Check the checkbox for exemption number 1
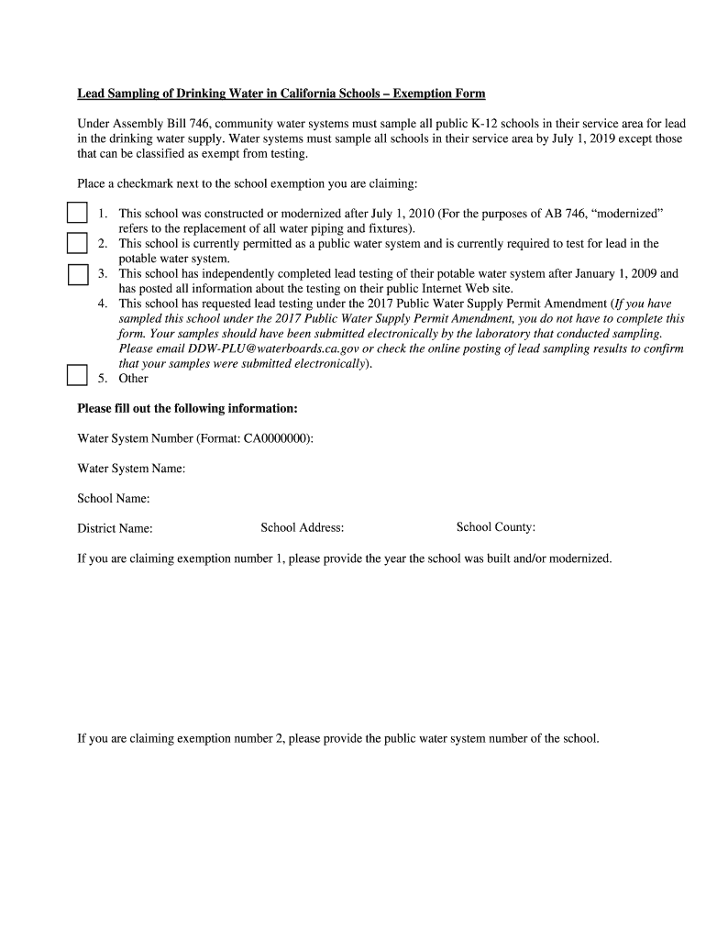point(77,214)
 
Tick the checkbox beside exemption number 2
point(77,244)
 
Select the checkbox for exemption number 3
point(77,274)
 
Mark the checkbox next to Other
point(77,376)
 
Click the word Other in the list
point(133,379)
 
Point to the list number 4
point(102,304)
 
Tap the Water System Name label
point(131,469)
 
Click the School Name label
point(114,499)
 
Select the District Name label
point(115,528)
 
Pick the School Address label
point(302,527)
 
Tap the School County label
point(495,527)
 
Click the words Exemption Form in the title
point(436,94)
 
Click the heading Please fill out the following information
point(187,408)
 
